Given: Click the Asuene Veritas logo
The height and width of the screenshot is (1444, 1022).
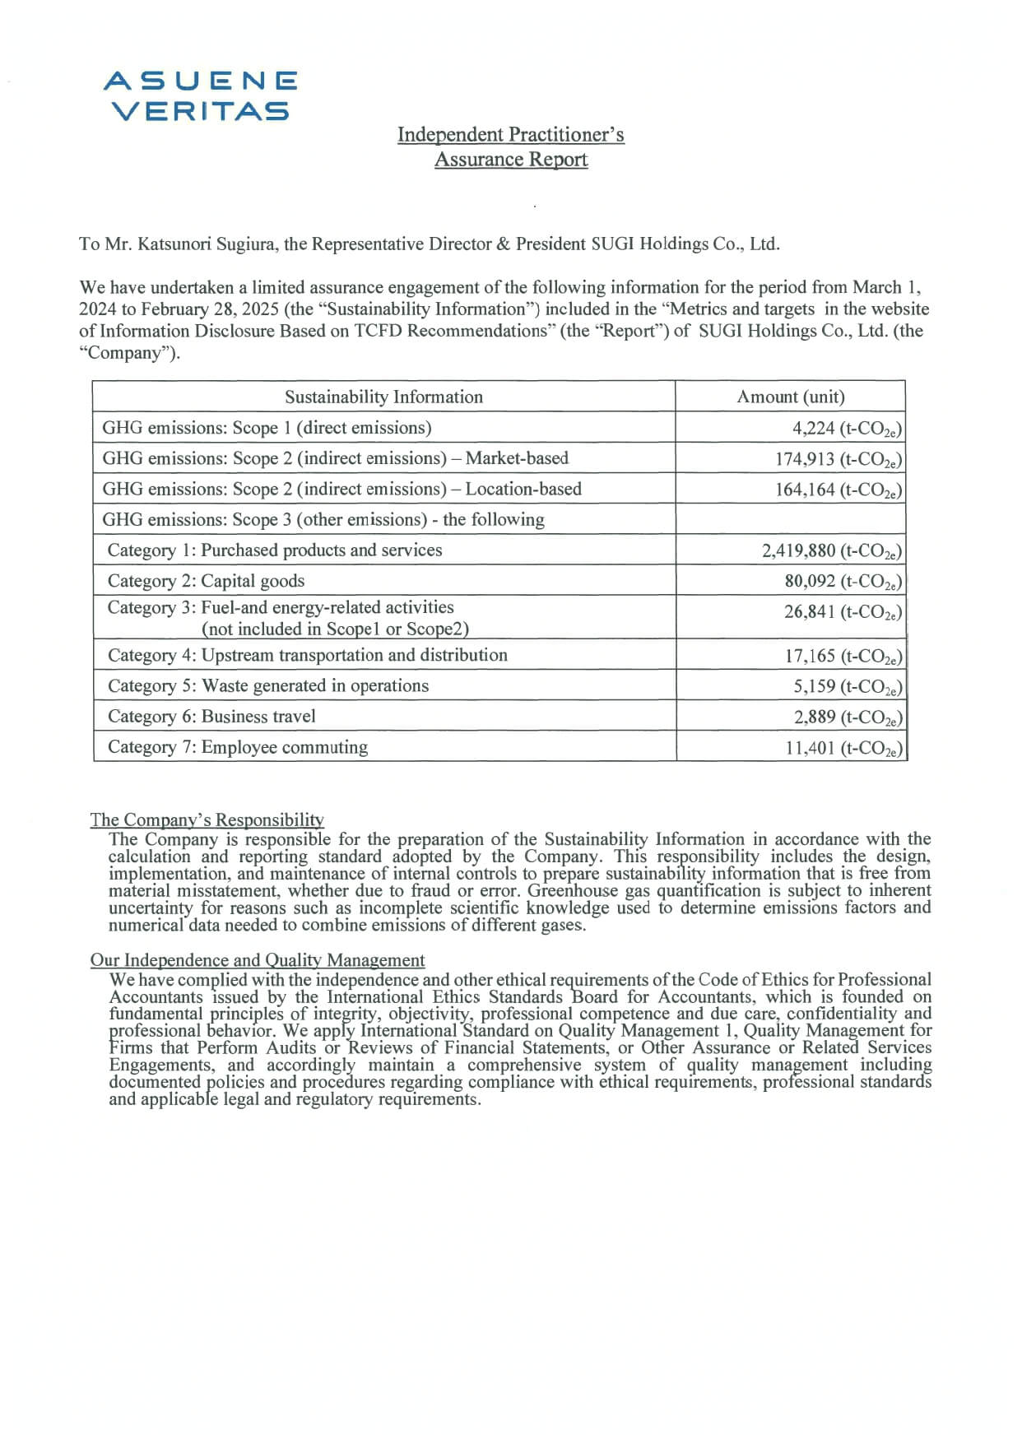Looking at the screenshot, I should pyautogui.click(x=201, y=95).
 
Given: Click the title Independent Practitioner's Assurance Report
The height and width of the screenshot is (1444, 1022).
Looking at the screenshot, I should pyautogui.click(x=510, y=146).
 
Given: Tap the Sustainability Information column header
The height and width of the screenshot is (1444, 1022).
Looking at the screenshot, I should pyautogui.click(x=383, y=397).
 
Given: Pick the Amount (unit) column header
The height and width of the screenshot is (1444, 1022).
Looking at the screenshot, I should pyautogui.click(x=790, y=397).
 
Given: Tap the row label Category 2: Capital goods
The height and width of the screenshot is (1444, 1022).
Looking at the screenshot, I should pyautogui.click(x=206, y=581).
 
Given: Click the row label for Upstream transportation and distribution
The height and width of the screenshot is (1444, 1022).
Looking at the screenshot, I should pyautogui.click(x=307, y=655).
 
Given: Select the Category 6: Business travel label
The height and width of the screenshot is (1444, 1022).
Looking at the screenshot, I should pyautogui.click(x=211, y=717).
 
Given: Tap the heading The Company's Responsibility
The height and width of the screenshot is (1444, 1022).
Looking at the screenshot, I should pyautogui.click(x=207, y=820).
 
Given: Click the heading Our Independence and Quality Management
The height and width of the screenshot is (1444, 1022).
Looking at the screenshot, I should pyautogui.click(x=258, y=960).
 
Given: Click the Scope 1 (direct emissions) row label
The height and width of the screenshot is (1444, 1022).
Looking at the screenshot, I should pyautogui.click(x=267, y=428).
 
